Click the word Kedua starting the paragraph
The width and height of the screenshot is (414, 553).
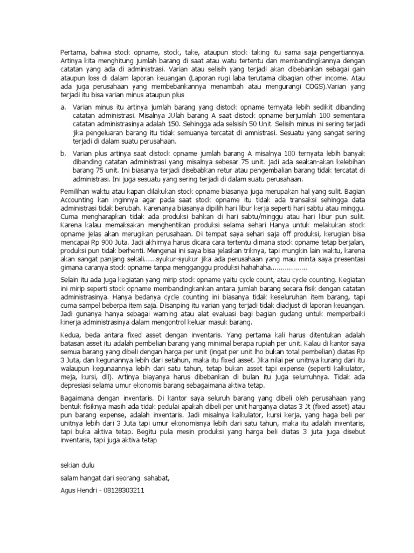[x=68, y=336]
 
